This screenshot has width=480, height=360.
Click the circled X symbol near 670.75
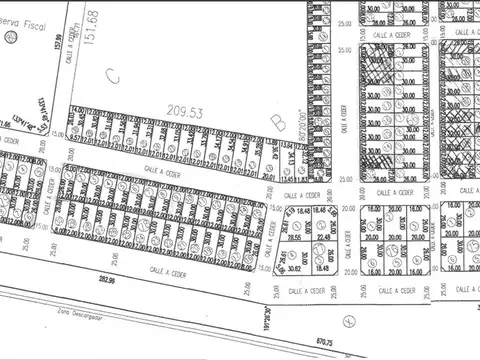coord(348,320)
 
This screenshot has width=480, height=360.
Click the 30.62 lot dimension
coord(291,268)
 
